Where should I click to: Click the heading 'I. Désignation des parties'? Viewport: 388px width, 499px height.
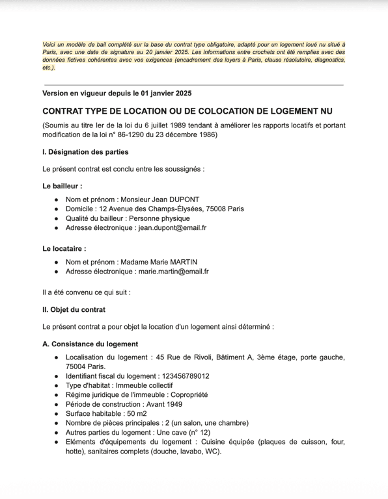[x=85, y=152]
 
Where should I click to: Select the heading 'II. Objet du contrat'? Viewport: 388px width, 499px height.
[x=74, y=310]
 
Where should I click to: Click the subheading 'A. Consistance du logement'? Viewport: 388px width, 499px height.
[x=90, y=344]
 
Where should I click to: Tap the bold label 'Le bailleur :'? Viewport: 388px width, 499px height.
[x=62, y=186]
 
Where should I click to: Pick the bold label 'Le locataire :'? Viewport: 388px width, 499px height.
[x=64, y=248]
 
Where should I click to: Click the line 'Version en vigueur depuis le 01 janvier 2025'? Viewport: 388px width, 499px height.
[x=117, y=94]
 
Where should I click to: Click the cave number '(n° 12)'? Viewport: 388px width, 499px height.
[x=197, y=432]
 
